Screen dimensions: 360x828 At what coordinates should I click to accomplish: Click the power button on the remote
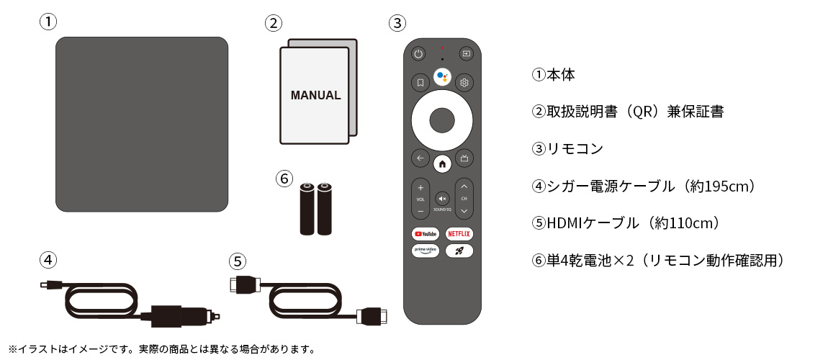click(x=419, y=53)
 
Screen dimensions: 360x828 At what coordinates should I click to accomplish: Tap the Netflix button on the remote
click(x=459, y=233)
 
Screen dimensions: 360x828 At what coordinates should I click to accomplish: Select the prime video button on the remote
click(x=425, y=251)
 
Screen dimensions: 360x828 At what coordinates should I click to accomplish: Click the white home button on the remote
click(x=442, y=163)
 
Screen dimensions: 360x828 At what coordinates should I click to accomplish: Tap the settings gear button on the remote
click(x=464, y=82)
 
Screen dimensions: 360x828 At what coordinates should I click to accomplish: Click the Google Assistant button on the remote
click(x=442, y=77)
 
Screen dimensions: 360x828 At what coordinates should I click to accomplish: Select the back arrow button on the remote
click(x=419, y=158)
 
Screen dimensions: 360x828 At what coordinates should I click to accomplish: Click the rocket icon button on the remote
click(x=459, y=251)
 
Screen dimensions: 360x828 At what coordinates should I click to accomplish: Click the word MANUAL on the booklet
click(x=315, y=95)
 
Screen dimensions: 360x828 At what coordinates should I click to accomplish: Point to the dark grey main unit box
click(x=142, y=125)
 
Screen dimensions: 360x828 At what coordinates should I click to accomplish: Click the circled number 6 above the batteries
click(x=284, y=177)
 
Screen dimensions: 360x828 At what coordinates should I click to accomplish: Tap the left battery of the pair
click(x=307, y=209)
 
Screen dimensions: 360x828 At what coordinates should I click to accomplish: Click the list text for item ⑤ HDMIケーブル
click(x=626, y=223)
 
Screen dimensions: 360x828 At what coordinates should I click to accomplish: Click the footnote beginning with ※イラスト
click(x=162, y=350)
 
